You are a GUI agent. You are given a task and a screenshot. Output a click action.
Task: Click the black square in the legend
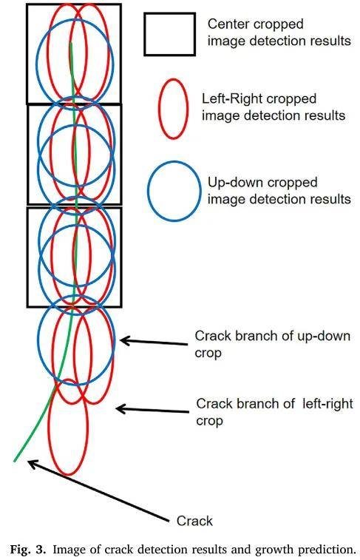coord(144,34)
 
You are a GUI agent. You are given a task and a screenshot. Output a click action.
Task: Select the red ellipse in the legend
coord(159,109)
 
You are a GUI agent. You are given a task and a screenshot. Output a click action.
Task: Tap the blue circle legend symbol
coord(148,190)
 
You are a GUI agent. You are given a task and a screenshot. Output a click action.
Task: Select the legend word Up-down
coord(234,183)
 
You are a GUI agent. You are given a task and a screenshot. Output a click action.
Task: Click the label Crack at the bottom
coord(194,521)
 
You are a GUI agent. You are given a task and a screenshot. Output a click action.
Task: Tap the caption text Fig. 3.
coord(28,550)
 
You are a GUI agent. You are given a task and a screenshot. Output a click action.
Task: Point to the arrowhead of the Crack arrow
coord(30,462)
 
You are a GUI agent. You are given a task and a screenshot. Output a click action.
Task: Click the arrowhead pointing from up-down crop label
coord(122,341)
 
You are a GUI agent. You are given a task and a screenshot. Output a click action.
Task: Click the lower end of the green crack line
coord(15,461)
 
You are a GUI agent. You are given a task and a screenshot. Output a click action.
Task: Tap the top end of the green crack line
coord(71,44)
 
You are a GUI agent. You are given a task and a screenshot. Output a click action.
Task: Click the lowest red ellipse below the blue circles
coord(48,427)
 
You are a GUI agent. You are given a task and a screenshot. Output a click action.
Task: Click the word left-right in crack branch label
coord(327,404)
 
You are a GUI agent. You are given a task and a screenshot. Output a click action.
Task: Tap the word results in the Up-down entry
coord(330,199)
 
